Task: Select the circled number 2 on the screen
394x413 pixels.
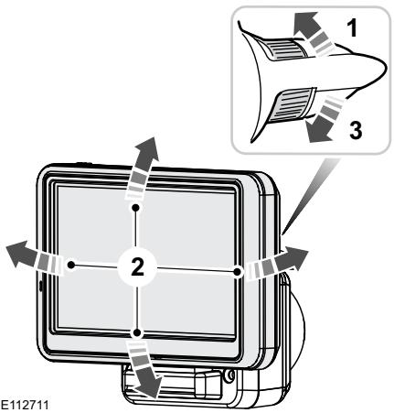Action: pos(136,269)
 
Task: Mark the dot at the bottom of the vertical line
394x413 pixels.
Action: pos(136,332)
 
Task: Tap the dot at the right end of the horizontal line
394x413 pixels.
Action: pos(236,270)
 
